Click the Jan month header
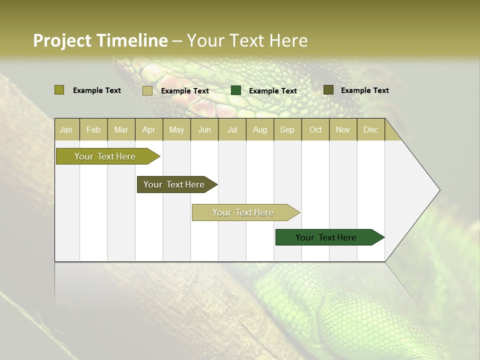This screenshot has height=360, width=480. click(x=66, y=129)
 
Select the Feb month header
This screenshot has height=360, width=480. click(x=93, y=129)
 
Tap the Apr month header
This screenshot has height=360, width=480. click(x=148, y=129)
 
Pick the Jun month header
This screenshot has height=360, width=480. click(x=204, y=129)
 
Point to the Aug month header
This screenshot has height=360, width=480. click(x=259, y=129)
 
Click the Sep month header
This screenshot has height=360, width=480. click(x=287, y=129)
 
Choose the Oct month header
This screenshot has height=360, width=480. click(x=315, y=129)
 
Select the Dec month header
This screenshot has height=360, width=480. click(x=370, y=129)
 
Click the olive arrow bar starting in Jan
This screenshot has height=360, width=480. click(x=105, y=156)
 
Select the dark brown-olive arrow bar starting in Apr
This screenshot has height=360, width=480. click(x=174, y=184)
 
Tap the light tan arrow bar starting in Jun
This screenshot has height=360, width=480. click(x=243, y=212)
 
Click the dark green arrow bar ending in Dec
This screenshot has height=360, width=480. click(x=326, y=237)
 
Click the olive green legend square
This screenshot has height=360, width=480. click(x=59, y=90)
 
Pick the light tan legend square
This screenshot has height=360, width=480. click(x=147, y=90)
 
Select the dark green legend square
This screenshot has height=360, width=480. click(x=236, y=90)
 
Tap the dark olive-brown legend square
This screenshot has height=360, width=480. click(x=328, y=89)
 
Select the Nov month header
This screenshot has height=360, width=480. click(x=342, y=129)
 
